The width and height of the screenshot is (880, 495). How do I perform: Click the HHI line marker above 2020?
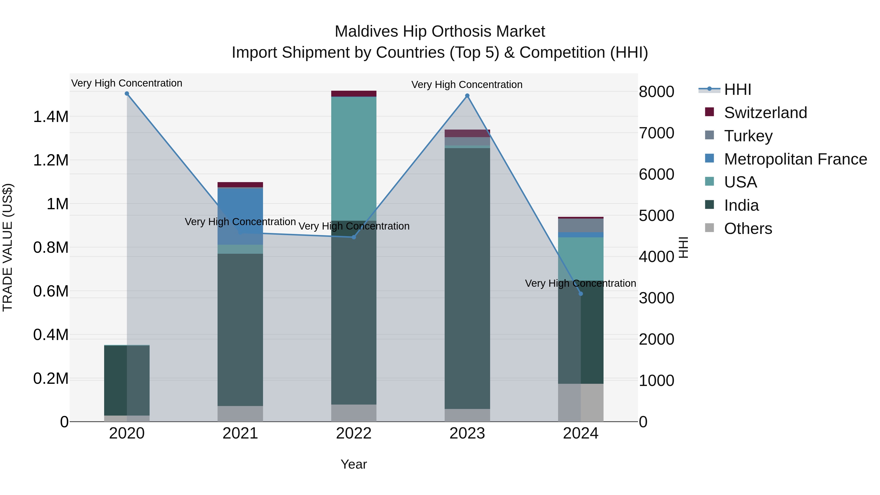pyautogui.click(x=127, y=94)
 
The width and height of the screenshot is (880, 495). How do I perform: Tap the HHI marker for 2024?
pyautogui.click(x=581, y=294)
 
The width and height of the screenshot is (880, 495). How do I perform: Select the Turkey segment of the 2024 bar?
pyautogui.click(x=581, y=225)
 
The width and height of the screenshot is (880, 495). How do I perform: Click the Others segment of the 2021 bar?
pyautogui.click(x=240, y=414)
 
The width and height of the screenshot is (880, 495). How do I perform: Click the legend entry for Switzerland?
pyautogui.click(x=765, y=113)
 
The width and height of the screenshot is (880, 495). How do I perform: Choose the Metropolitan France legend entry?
pyautogui.click(x=795, y=159)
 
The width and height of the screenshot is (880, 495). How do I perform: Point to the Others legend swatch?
pyautogui.click(x=710, y=228)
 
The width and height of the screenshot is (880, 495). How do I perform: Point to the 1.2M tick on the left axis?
pyautogui.click(x=51, y=160)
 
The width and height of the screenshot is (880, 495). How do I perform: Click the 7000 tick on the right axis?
pyautogui.click(x=656, y=133)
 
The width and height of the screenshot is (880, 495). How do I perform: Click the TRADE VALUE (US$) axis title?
pyautogui.click(x=8, y=247)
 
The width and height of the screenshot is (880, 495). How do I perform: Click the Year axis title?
pyautogui.click(x=353, y=464)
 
